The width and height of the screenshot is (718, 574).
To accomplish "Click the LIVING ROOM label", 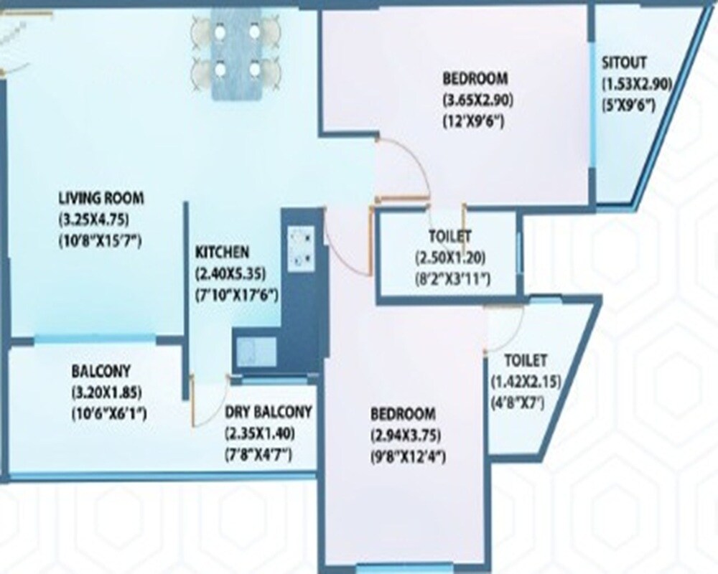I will (101, 197).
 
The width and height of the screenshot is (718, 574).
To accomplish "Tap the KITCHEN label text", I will (222, 253).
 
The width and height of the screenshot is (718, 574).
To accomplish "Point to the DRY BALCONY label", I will (268, 412).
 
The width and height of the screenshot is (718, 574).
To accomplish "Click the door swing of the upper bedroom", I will (402, 169).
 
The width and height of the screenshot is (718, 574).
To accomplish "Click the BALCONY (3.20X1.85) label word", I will (101, 372).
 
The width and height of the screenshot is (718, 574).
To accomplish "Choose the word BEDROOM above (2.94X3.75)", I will (403, 414).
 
